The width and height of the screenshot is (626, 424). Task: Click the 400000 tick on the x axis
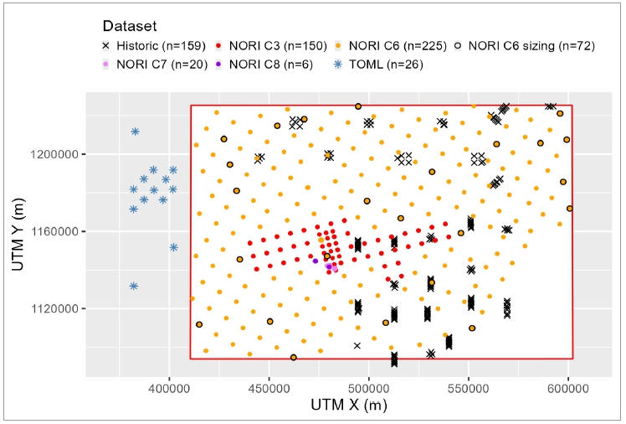click(x=169, y=389)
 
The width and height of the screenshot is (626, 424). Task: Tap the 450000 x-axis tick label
click(x=269, y=389)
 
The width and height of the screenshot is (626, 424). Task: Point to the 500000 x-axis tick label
click(x=368, y=389)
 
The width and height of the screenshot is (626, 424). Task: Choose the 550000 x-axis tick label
click(x=468, y=389)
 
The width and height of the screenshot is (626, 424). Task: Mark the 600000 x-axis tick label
click(x=568, y=389)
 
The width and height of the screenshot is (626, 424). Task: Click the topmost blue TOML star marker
click(x=135, y=132)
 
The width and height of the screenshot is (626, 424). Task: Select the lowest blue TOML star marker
click(x=134, y=287)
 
